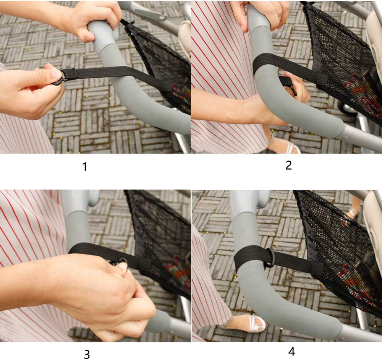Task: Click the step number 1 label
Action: (84, 167)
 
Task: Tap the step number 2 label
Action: (288, 165)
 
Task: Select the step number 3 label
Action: (87, 354)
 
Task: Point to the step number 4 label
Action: (291, 352)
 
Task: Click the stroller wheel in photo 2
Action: (347, 109)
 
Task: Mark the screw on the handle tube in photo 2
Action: (346, 138)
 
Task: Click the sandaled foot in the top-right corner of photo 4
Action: (353, 209)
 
